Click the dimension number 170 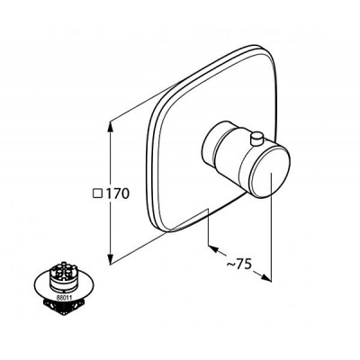pyautogui.click(x=117, y=193)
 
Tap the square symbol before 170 pyautogui.click(x=97, y=193)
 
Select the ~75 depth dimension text pyautogui.click(x=238, y=265)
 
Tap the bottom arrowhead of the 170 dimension pyautogui.click(x=111, y=258)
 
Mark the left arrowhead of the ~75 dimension pyautogui.click(x=213, y=249)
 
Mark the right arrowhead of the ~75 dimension pyautogui.click(x=265, y=277)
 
